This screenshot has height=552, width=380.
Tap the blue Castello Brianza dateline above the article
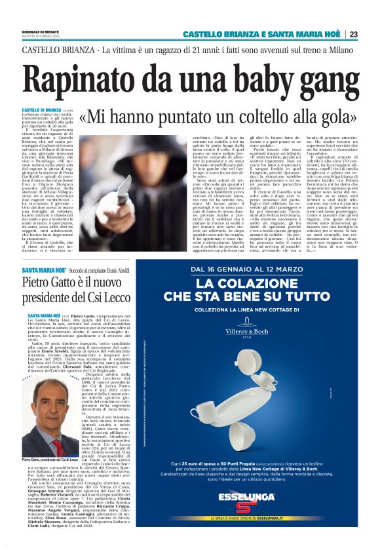(x=41, y=109)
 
